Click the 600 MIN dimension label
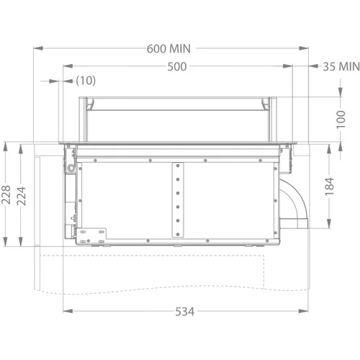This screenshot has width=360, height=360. coord(168,49)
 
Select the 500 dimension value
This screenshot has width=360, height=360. coord(177,66)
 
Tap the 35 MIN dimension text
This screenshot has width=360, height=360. coord(341,66)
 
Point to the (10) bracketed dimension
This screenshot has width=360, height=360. coord(86,81)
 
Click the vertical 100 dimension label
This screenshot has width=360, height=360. coord(341,120)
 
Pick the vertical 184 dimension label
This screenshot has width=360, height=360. coord(330,186)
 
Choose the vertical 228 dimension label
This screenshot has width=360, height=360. coord(6,195)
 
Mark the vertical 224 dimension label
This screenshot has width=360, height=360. coord(21,196)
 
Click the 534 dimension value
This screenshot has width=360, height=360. coord(184,312)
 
